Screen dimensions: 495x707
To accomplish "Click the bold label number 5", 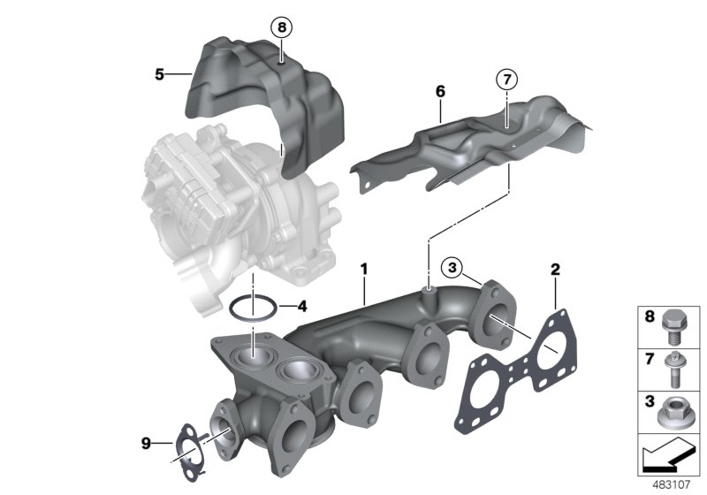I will click(x=159, y=75).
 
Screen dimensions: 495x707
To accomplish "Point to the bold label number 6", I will click(x=440, y=91).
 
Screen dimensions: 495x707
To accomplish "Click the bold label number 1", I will click(x=363, y=267).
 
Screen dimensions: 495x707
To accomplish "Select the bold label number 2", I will click(x=555, y=269).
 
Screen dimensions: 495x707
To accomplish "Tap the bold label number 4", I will click(x=301, y=308).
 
